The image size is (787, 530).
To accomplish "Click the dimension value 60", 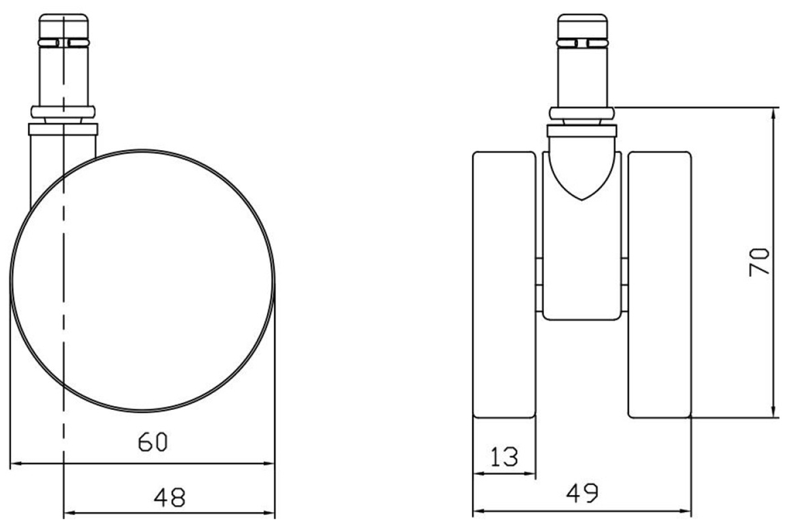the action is pos(153,442).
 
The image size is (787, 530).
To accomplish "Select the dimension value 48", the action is pos(170,498).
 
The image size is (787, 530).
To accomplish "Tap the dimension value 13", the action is pos(504,457).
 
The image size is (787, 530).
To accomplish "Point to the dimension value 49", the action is pos(582,493).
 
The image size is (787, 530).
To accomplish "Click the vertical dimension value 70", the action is pos(759,262).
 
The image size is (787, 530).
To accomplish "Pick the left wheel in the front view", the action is pos(504,285).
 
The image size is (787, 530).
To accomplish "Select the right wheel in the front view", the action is pos(660,285).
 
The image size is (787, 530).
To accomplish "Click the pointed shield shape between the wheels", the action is pos(582,169).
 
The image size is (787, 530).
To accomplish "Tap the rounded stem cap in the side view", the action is pos(64,27).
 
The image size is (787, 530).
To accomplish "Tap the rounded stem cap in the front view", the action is pos(582,27).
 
